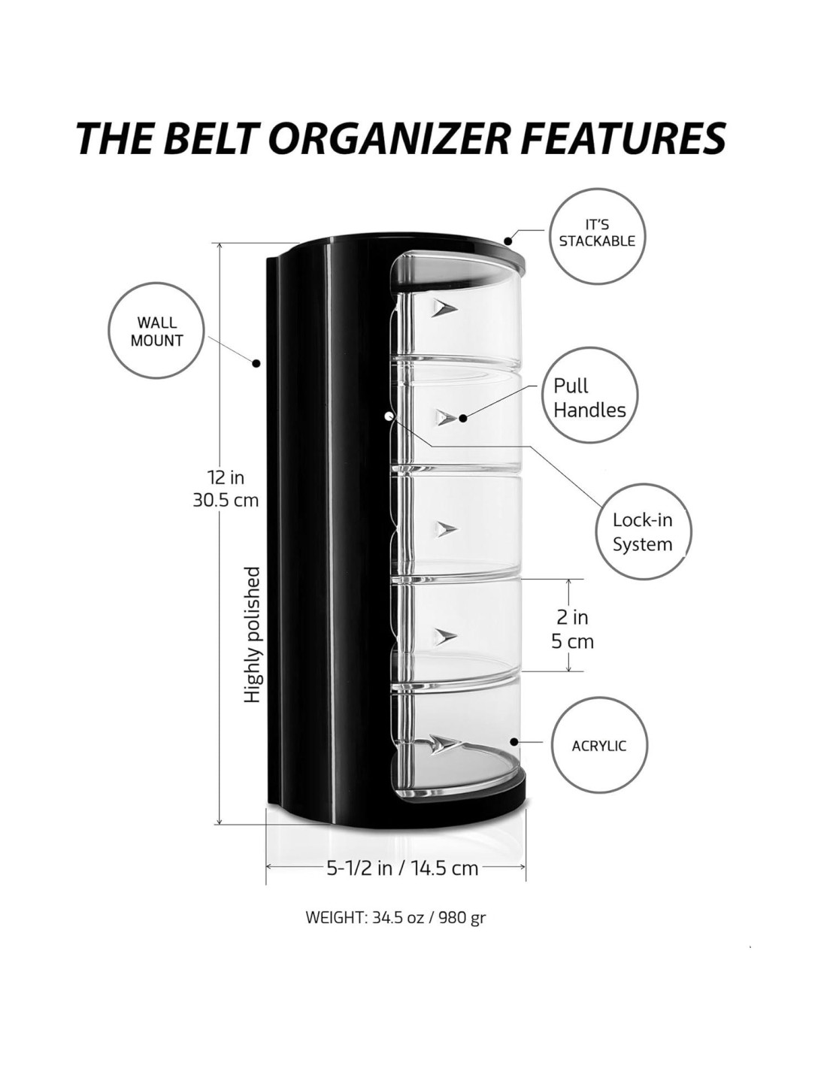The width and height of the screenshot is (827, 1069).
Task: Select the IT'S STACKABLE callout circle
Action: click(x=597, y=235)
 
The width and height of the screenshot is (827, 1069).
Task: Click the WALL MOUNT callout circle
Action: click(x=157, y=332)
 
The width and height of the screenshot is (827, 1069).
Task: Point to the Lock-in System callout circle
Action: click(x=642, y=531)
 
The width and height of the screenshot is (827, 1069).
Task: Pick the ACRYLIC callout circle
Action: click(x=599, y=746)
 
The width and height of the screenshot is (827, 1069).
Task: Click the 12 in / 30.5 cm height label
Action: click(x=226, y=488)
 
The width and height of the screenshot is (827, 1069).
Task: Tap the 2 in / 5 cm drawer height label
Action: click(x=573, y=629)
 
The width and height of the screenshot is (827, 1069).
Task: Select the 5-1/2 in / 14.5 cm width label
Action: click(x=402, y=868)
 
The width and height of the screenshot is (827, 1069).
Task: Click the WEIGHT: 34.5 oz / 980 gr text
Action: click(x=395, y=918)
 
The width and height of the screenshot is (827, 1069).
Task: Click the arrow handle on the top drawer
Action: click(x=443, y=307)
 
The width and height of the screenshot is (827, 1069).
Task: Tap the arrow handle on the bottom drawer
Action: click(x=445, y=743)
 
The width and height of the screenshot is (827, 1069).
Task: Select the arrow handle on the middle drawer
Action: click(x=446, y=529)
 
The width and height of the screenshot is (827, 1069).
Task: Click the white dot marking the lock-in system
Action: click(x=388, y=415)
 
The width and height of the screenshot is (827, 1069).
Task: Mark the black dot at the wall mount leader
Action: click(x=256, y=363)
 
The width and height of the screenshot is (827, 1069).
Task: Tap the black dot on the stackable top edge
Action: click(x=509, y=241)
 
